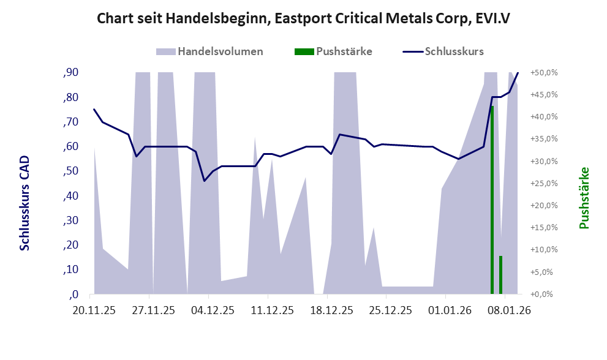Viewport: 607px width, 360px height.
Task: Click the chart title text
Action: pyautogui.click(x=304, y=19)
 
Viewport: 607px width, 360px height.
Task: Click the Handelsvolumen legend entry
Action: pyautogui.click(x=220, y=51)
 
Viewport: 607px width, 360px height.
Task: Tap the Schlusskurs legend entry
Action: pyautogui.click(x=454, y=51)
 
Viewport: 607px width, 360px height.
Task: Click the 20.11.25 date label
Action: pyautogui.click(x=94, y=310)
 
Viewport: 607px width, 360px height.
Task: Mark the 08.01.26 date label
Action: pyautogui.click(x=508, y=310)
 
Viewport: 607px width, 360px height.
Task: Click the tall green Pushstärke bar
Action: pyautogui.click(x=492, y=202)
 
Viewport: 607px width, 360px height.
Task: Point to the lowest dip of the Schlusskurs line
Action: pyautogui.click(x=204, y=181)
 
